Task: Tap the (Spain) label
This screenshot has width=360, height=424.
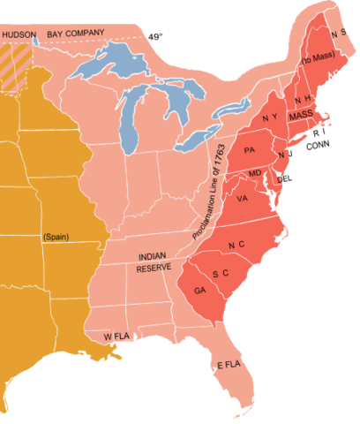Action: click(x=56, y=237)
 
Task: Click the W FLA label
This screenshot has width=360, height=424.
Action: click(x=118, y=337)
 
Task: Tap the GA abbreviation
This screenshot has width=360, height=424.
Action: click(x=199, y=289)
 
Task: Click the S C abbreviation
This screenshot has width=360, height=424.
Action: click(x=221, y=273)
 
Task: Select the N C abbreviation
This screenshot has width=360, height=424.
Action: click(x=236, y=243)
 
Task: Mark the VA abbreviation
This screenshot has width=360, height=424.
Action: click(x=242, y=199)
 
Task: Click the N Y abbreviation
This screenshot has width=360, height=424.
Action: click(x=271, y=117)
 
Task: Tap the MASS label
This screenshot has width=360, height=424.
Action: click(x=300, y=116)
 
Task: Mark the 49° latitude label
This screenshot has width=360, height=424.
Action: click(x=154, y=37)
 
